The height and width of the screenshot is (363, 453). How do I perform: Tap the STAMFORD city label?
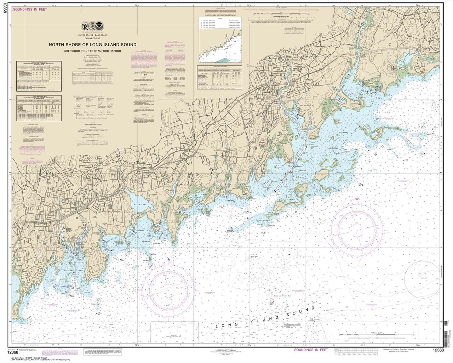point(71,211)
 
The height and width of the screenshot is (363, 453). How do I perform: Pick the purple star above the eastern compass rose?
point(357,199)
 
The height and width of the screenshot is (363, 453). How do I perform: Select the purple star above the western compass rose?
point(168,260)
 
